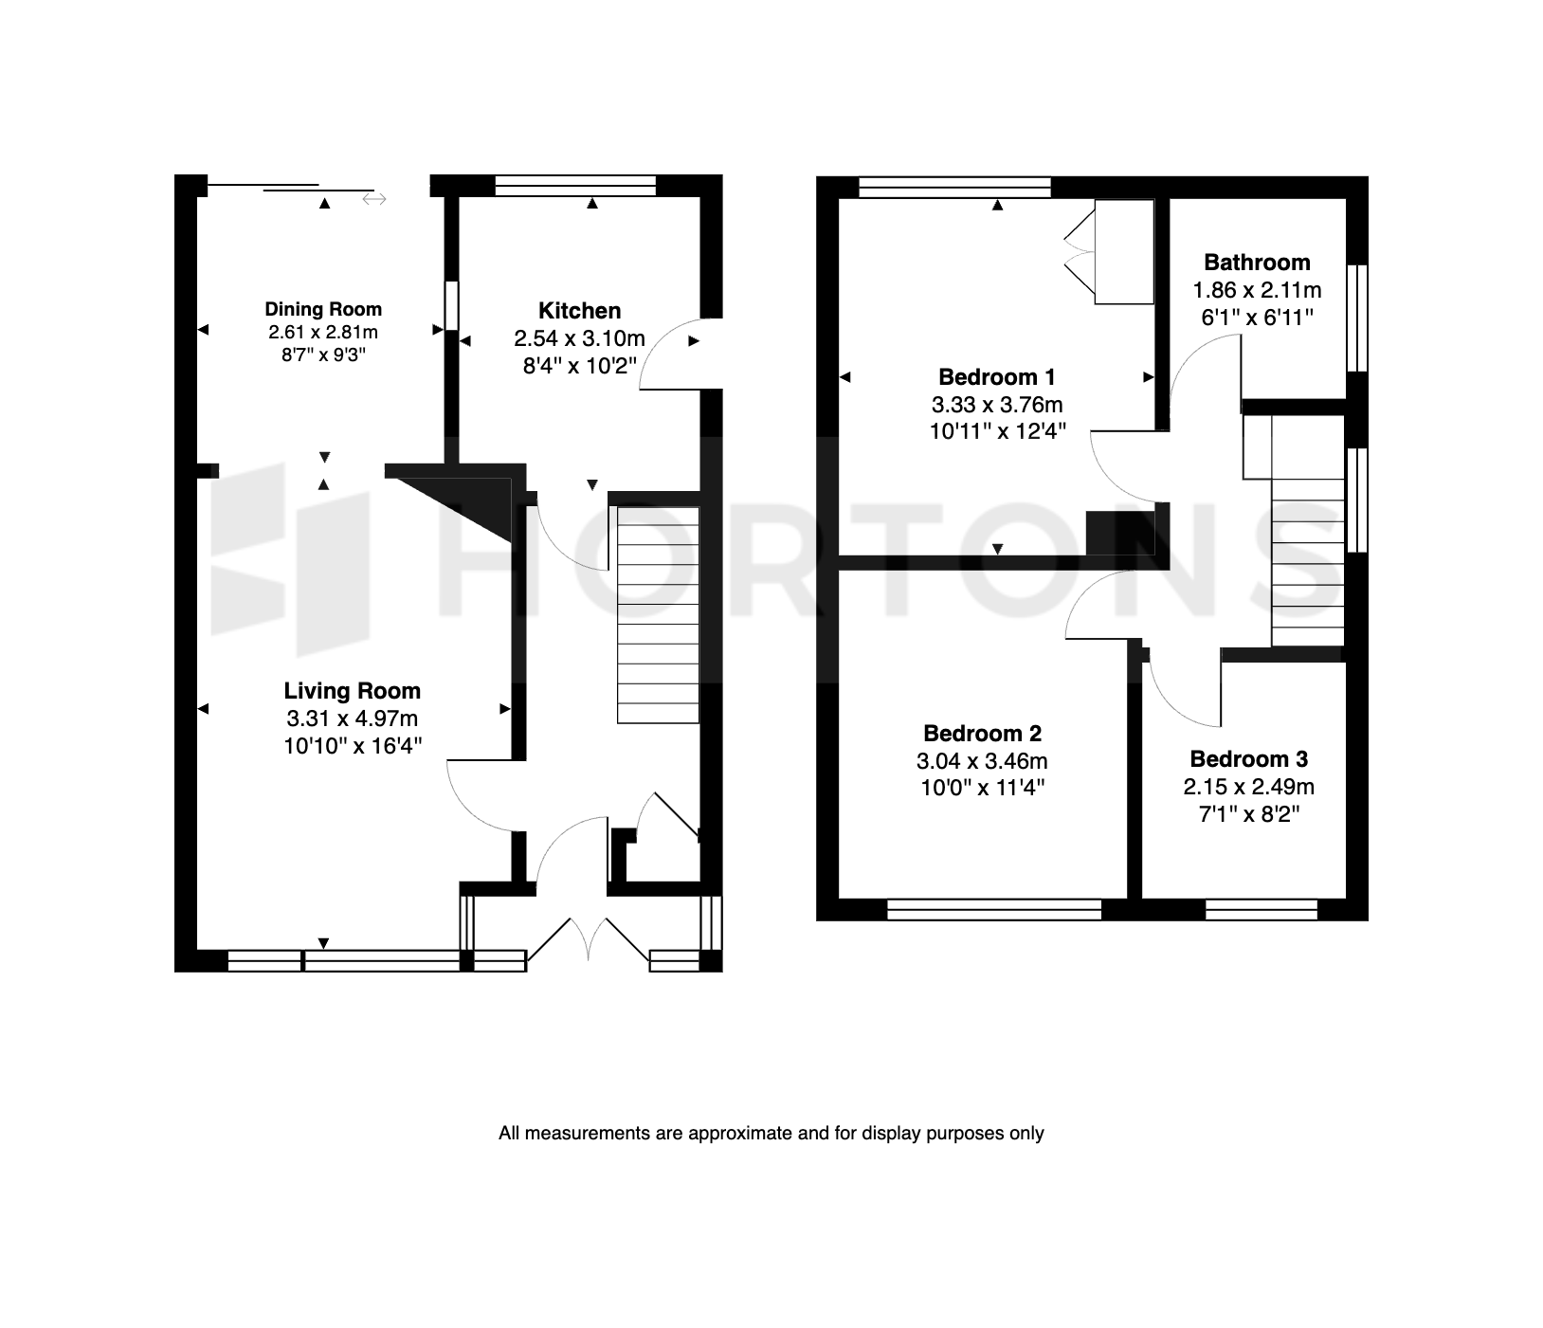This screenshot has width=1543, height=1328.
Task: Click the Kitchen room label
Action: click(579, 311)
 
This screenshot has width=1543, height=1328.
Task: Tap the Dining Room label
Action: click(323, 309)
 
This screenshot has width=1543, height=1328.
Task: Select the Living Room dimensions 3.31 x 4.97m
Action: click(352, 719)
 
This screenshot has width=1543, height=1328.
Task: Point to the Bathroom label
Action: click(1257, 263)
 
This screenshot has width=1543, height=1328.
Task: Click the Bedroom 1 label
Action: click(997, 377)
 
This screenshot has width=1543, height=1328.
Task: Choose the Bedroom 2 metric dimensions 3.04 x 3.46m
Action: click(982, 760)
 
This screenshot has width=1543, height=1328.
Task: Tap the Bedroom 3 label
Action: click(1248, 759)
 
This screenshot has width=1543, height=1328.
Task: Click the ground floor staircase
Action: click(658, 614)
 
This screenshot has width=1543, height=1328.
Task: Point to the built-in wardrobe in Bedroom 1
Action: click(1124, 252)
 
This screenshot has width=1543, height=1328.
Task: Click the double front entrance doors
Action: click(589, 941)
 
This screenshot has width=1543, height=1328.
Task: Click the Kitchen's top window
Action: click(575, 186)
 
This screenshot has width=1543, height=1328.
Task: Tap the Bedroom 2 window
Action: click(994, 910)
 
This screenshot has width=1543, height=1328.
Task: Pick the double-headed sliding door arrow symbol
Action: click(373, 199)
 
